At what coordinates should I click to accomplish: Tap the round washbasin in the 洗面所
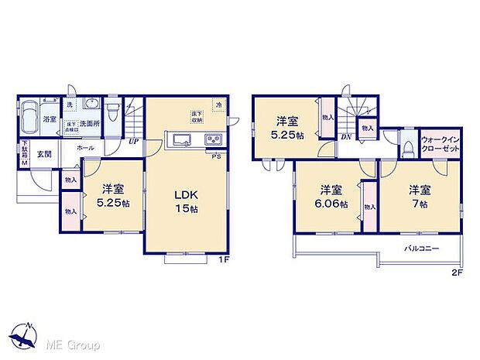tap(91, 108)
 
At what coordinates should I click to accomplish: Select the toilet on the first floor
tap(113, 114)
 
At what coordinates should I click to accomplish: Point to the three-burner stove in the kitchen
tap(213, 140)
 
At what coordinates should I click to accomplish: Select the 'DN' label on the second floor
tap(346, 138)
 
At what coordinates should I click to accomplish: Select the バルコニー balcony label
tap(423, 249)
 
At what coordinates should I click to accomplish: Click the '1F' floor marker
tap(223, 259)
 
